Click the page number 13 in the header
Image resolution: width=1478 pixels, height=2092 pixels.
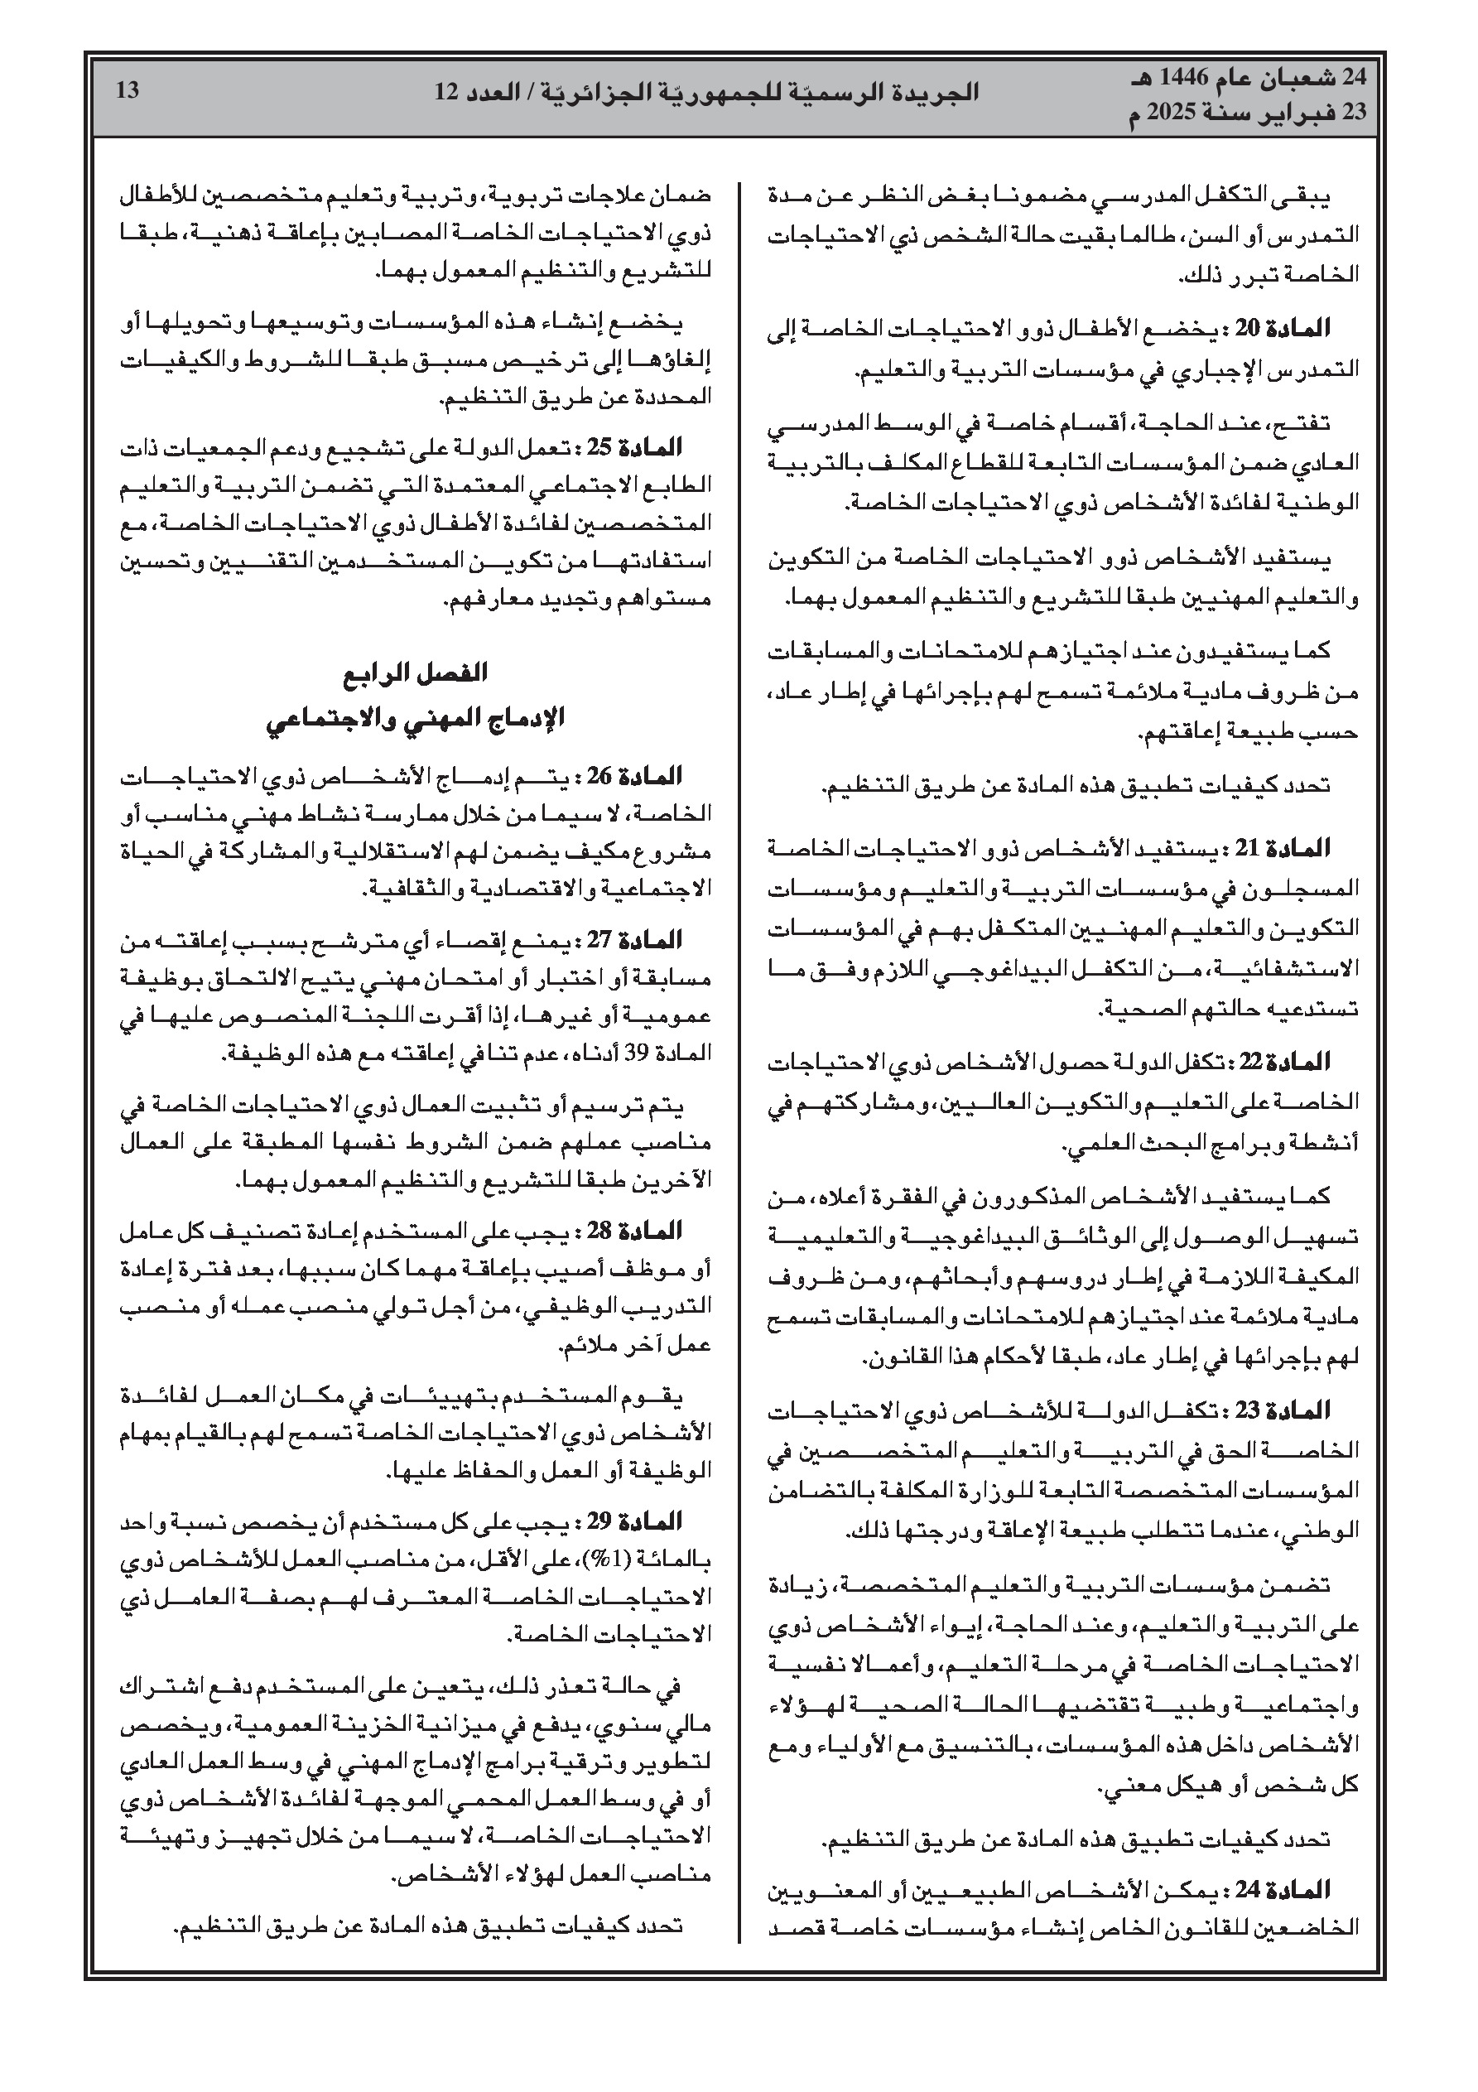(x=128, y=90)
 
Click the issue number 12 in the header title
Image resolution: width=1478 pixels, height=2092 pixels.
(x=448, y=92)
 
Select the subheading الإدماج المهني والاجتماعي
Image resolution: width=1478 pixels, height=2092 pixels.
(x=415, y=718)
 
